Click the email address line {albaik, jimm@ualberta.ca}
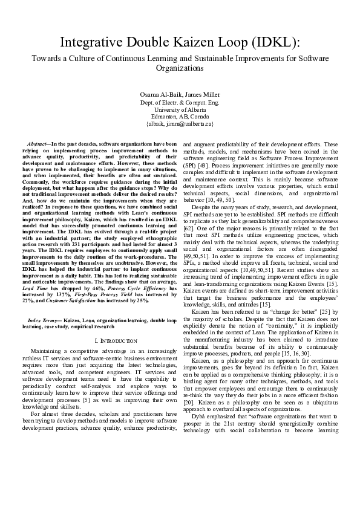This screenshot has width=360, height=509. pyautogui.click(x=180, y=123)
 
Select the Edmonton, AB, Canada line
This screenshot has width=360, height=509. pyautogui.click(x=180, y=116)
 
